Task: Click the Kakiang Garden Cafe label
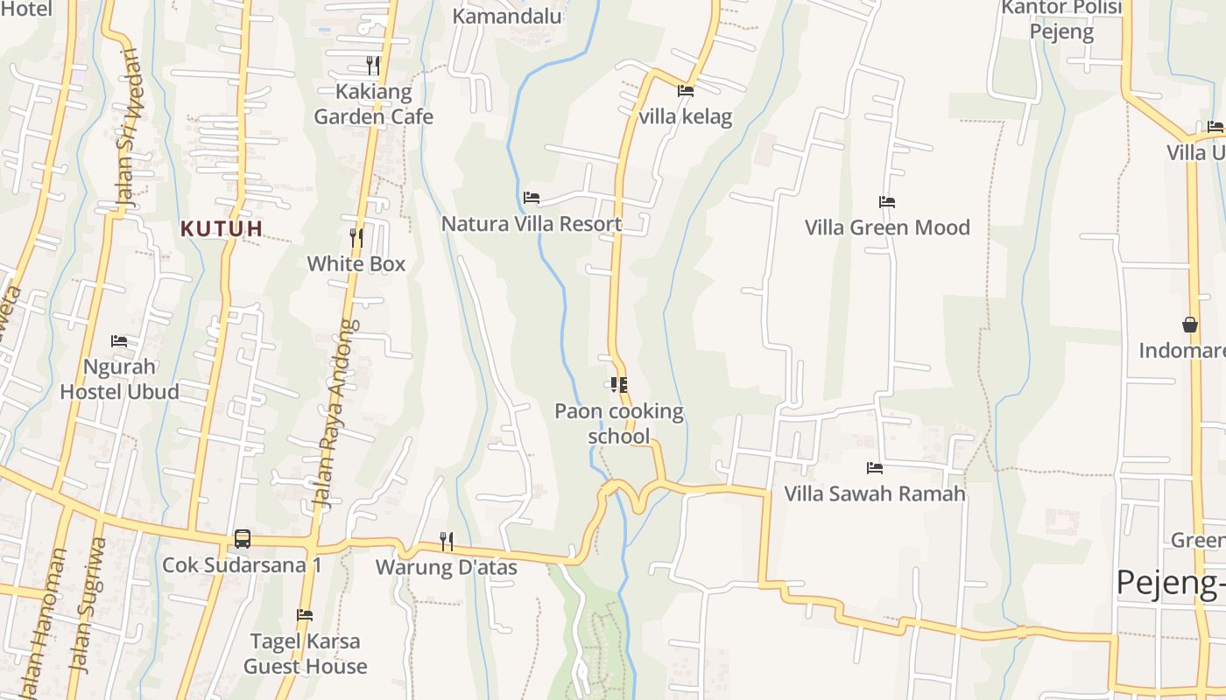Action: coord(373,104)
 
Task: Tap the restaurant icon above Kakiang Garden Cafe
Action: coord(372,65)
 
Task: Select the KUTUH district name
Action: coord(222,229)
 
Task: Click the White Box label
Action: coord(356,263)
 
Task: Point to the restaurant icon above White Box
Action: coord(356,236)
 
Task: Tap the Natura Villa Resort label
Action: coord(532,224)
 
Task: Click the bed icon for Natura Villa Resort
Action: coord(531,198)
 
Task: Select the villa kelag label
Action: coord(686,117)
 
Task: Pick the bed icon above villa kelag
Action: coord(685,90)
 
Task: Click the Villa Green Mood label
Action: coord(887,227)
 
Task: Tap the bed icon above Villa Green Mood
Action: coord(887,202)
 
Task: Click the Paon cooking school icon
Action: coord(619,385)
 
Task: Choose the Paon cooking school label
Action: coord(619,423)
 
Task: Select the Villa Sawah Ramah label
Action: coord(875,493)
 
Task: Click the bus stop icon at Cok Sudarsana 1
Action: coord(243,539)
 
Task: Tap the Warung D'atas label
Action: coord(447,568)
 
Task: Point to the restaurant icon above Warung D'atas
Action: coord(446,542)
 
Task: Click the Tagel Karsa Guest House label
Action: coord(305,654)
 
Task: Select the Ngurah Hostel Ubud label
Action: coord(120,379)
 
